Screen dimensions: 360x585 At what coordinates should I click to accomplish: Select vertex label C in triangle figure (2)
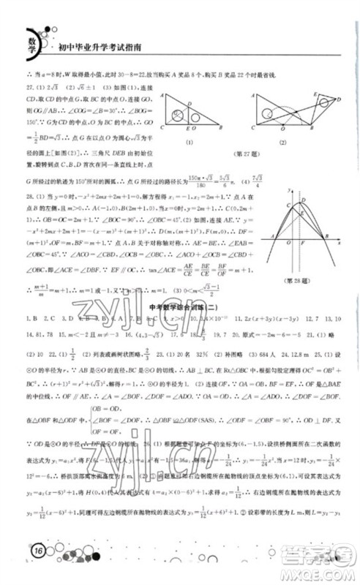pos(253,127)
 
